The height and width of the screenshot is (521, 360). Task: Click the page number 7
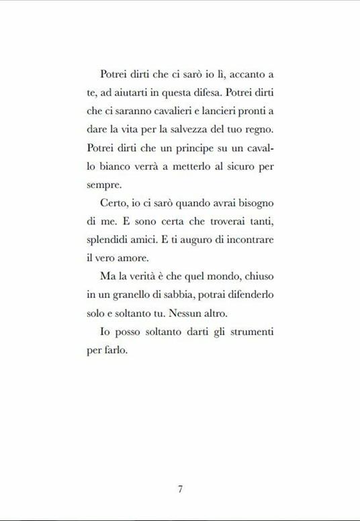[x=180, y=489]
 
